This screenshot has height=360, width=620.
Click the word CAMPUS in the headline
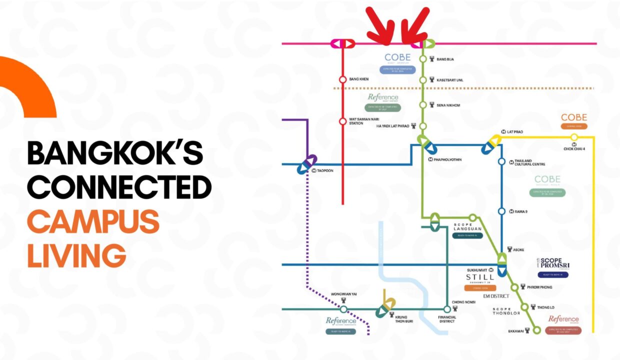93,221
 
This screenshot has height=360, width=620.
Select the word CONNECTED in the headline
119,187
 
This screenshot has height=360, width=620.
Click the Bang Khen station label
358,79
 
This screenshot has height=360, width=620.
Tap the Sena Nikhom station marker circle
423,105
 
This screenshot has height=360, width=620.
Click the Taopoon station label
325,170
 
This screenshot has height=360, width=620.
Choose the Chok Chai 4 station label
574,149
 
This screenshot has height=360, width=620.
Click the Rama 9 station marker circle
501,211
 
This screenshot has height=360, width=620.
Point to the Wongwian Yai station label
343,294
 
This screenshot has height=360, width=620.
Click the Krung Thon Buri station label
400,319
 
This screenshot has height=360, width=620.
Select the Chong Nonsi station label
463,302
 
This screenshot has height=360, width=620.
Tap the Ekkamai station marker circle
536,330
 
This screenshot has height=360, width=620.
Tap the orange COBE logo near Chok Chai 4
573,117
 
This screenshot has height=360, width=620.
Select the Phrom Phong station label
539,287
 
